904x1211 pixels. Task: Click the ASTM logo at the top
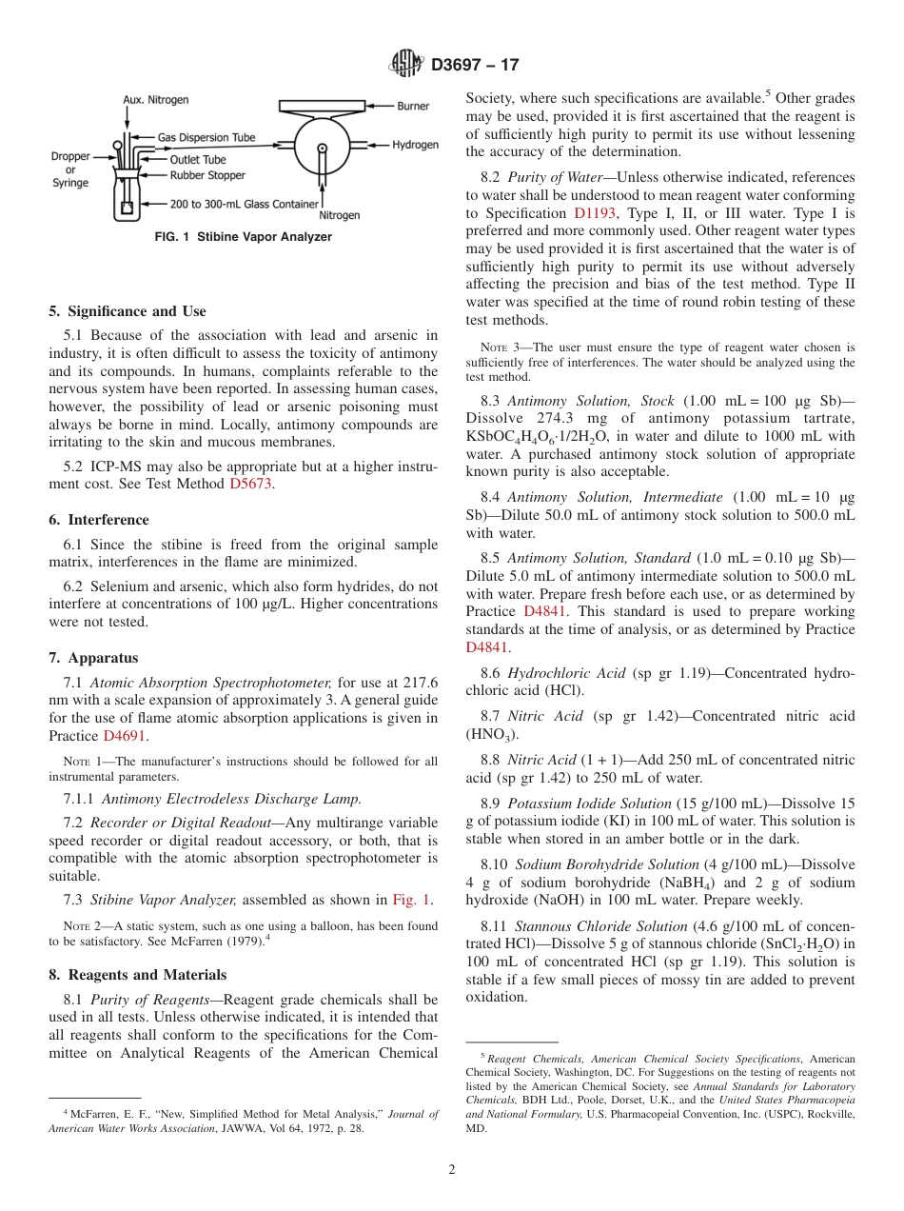pos(406,65)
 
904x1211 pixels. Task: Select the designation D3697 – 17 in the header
pos(475,66)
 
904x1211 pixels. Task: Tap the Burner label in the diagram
pos(413,107)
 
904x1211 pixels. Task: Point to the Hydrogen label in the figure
pos(416,145)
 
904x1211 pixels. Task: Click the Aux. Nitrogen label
pos(156,100)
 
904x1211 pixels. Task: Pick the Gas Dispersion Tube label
pos(206,137)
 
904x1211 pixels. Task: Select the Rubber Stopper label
pos(207,175)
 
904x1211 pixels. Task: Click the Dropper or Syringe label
pos(70,169)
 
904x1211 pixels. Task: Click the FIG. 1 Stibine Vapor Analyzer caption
pos(244,237)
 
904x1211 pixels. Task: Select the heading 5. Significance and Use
pos(128,311)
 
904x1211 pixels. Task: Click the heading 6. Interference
pos(99,520)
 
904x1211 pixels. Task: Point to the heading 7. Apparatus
pos(93,658)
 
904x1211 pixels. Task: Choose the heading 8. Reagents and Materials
pos(138,975)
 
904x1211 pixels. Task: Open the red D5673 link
pos(250,484)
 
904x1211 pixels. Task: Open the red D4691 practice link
pos(125,736)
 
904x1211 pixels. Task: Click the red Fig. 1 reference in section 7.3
pos(411,900)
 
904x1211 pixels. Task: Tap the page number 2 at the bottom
pos(452,1170)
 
